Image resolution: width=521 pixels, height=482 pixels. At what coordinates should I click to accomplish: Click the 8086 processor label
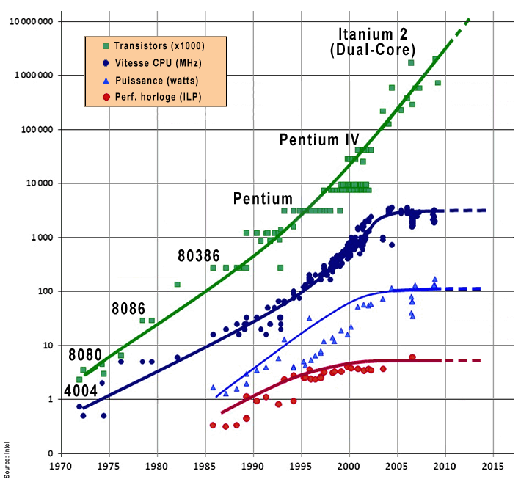[x=128, y=308]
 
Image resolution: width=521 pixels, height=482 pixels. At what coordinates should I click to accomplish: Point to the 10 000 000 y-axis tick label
[x=30, y=21]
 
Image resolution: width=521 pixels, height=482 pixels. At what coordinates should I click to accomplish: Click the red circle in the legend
[x=97, y=97]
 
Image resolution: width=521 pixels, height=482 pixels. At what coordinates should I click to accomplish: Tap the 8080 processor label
[x=85, y=355]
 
